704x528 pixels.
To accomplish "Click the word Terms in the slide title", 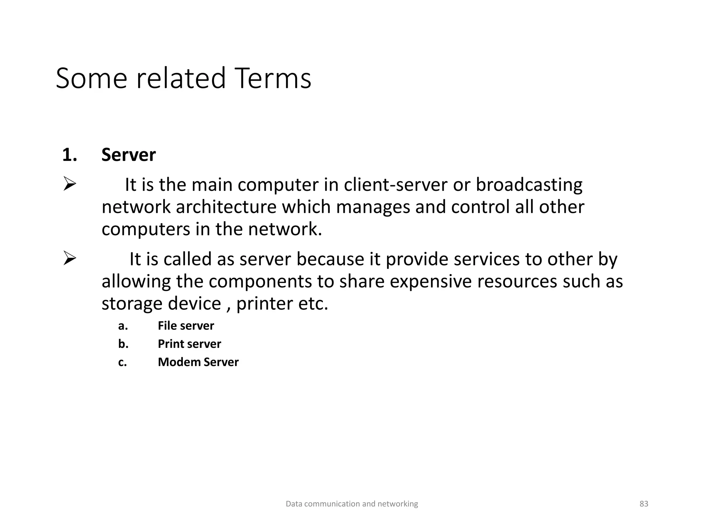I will (273, 78).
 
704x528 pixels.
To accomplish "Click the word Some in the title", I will (91, 78).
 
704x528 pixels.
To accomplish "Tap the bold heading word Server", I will (128, 155).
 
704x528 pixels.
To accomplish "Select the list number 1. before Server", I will (69, 155).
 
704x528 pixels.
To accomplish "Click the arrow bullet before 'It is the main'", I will (69, 185).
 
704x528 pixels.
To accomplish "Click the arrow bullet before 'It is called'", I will (69, 258).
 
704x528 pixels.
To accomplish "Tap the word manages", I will (373, 207).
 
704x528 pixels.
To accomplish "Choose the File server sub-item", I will (186, 326).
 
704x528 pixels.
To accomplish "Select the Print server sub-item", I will (189, 344).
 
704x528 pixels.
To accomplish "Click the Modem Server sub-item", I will (198, 362).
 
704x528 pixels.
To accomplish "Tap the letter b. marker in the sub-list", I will (123, 344).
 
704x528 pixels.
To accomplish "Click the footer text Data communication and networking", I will (352, 504).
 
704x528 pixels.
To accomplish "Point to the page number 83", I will (643, 504).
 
